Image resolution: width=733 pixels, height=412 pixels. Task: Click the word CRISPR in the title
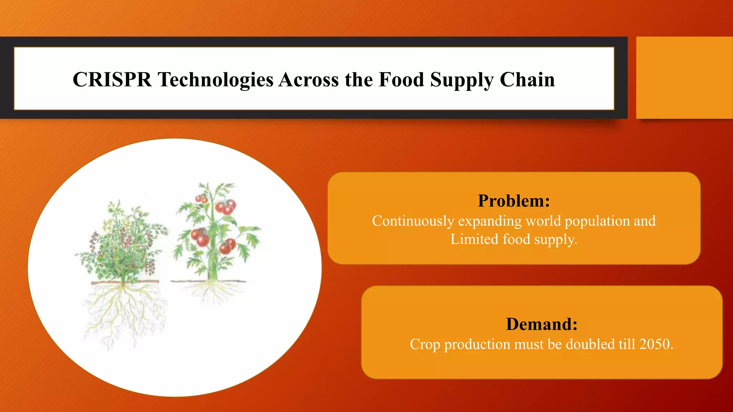point(112,79)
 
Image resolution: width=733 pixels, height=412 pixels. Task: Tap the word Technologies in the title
point(216,79)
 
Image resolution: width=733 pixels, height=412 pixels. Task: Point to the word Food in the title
point(401,79)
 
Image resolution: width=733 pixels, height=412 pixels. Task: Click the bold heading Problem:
point(514,201)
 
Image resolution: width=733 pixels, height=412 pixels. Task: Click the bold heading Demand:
point(542,324)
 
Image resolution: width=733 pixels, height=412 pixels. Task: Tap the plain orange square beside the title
point(684,77)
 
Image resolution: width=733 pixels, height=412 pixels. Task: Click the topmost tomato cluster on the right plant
point(201,198)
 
